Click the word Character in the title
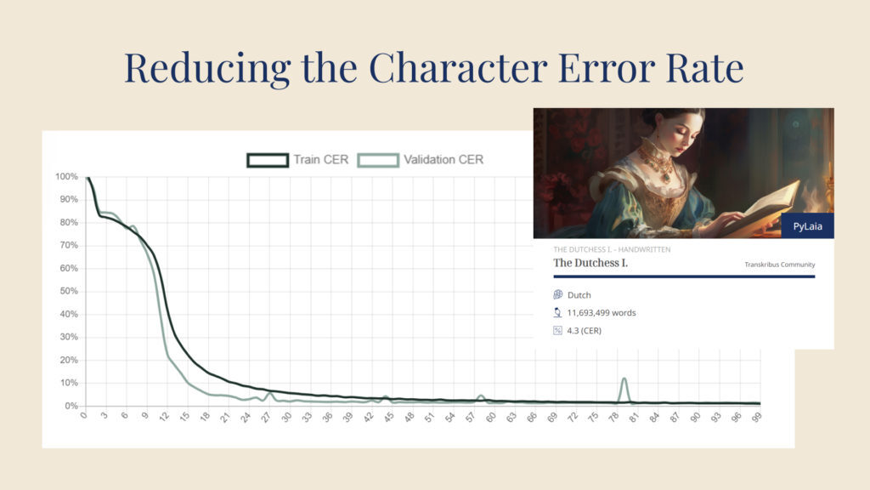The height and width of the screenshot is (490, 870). (458, 68)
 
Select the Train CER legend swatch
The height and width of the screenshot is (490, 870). (268, 160)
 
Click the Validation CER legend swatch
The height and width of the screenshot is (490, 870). (378, 160)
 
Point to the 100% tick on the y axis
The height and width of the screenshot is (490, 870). (66, 177)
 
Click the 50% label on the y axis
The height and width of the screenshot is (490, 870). (69, 291)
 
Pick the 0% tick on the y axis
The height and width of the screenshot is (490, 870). (71, 406)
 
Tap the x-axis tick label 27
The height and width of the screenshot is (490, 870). (265, 418)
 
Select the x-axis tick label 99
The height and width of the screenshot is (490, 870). (755, 418)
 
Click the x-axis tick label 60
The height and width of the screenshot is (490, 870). (490, 418)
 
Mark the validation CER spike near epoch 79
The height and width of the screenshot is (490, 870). (624, 390)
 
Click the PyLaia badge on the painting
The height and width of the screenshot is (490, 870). (807, 226)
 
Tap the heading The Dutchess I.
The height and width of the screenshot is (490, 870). (590, 263)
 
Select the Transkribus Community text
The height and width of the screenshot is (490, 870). (780, 265)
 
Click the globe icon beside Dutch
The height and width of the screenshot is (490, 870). (557, 294)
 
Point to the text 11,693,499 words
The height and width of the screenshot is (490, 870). (602, 313)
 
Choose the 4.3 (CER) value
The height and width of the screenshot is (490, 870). (585, 331)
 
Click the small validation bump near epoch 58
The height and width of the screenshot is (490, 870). (481, 398)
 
